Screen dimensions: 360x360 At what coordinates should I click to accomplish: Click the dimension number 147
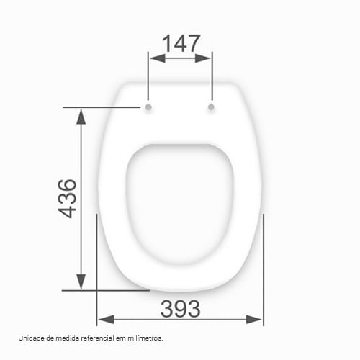click(x=181, y=43)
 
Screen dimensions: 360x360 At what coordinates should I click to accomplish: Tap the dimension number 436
click(x=67, y=199)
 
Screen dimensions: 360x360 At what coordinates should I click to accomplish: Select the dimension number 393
click(x=180, y=309)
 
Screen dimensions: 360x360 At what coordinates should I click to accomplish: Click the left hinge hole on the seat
click(x=148, y=107)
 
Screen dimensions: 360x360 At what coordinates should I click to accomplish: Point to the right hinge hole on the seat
click(x=211, y=107)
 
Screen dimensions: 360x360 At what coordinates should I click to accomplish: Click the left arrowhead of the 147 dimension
click(x=157, y=58)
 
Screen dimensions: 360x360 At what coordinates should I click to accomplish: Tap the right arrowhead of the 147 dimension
click(x=203, y=58)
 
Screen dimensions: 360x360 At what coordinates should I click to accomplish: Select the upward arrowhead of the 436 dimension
click(x=81, y=117)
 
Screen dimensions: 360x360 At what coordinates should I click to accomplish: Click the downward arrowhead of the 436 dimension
click(x=81, y=282)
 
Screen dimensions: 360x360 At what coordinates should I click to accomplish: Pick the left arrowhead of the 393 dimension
click(x=106, y=320)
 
